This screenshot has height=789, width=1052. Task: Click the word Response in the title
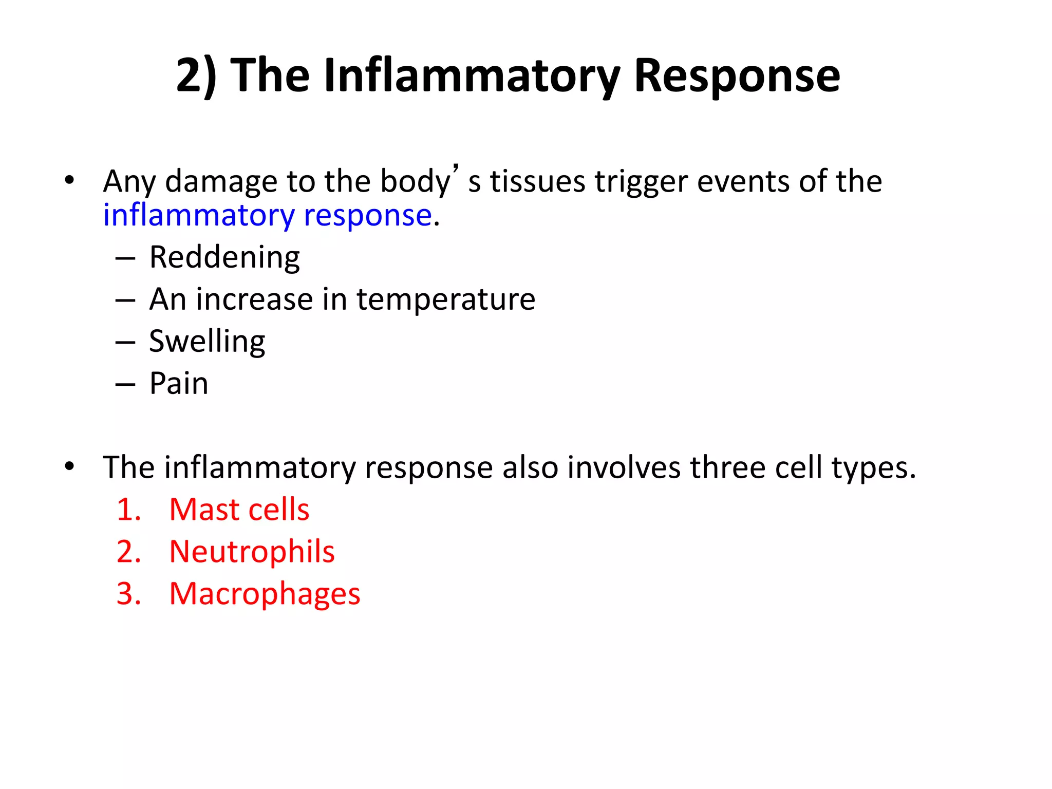coord(737,76)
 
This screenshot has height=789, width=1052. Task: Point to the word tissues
coord(537,182)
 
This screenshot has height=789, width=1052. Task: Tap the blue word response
coord(367,216)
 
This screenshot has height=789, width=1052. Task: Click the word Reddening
coord(224,257)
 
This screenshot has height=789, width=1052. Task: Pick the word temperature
coord(446,299)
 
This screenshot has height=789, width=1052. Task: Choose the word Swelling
coord(207,342)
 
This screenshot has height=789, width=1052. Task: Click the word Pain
coord(179,384)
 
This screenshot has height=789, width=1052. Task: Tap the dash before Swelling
coord(125,343)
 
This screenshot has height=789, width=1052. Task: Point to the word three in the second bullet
coord(727,468)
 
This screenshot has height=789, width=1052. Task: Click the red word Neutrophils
coord(252,552)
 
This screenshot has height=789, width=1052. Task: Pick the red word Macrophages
coord(265,594)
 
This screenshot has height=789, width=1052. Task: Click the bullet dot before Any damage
coord(70,181)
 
